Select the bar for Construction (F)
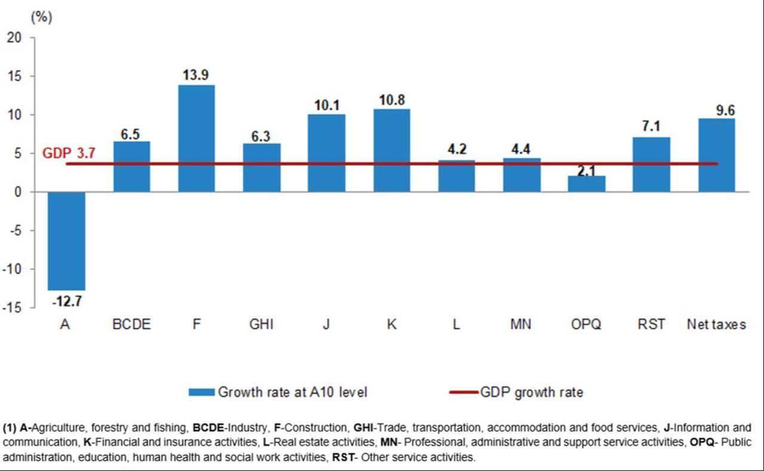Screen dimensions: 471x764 pyautogui.click(x=196, y=138)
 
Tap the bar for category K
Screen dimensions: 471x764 pyautogui.click(x=392, y=150)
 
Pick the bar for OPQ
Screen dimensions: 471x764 pyautogui.click(x=587, y=184)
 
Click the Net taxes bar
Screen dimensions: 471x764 pyautogui.click(x=716, y=155)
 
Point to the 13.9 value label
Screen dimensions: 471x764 pyautogui.click(x=196, y=75)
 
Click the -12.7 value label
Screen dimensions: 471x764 pyautogui.click(x=67, y=301)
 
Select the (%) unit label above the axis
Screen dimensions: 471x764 pyautogui.click(x=41, y=17)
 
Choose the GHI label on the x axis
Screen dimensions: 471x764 pyautogui.click(x=261, y=325)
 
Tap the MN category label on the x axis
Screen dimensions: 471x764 pyautogui.click(x=522, y=325)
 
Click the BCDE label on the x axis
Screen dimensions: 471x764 pyautogui.click(x=131, y=325)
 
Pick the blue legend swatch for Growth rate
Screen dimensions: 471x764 pyautogui.click(x=201, y=392)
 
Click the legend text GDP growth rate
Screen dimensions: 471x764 pyautogui.click(x=531, y=392)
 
